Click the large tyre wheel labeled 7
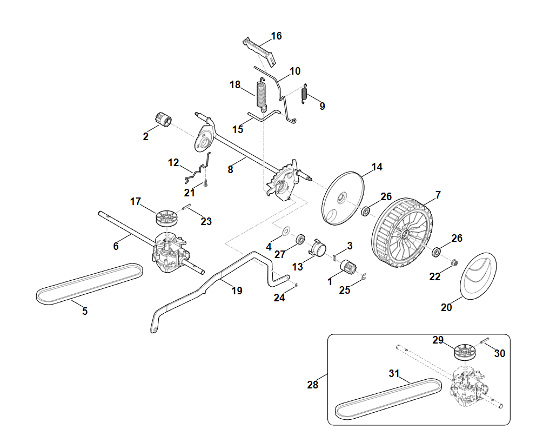403,233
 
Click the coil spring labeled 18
261,94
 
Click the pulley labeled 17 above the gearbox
166,218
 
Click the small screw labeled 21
205,184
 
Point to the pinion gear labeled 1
346,267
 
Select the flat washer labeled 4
285,230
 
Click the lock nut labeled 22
454,263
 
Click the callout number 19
236,291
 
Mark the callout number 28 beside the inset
312,385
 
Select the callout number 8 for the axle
231,169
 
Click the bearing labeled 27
300,239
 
